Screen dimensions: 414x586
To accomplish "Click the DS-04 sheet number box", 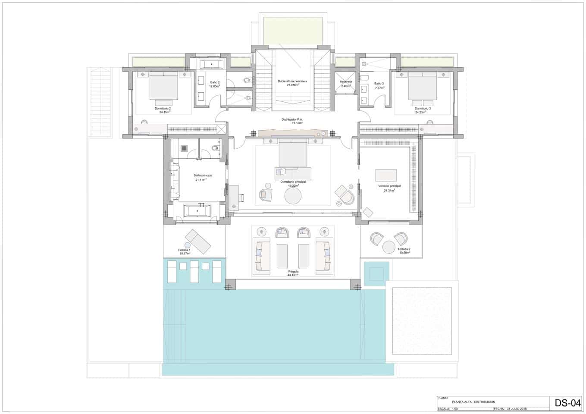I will pyautogui.click(x=567, y=403).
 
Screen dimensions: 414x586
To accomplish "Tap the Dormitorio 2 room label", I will pyautogui.click(x=163, y=108).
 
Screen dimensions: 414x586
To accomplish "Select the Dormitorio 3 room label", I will pyautogui.click(x=423, y=108).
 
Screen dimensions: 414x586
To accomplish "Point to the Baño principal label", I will pyautogui.click(x=203, y=176).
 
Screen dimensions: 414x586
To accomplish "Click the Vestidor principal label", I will pyautogui.click(x=389, y=186).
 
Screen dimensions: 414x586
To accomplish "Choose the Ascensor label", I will pyautogui.click(x=346, y=82).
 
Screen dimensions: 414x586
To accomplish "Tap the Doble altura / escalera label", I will pyautogui.click(x=292, y=81).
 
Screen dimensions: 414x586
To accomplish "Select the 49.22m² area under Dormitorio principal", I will pyautogui.click(x=293, y=185).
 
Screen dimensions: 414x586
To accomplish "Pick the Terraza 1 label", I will pyautogui.click(x=184, y=250).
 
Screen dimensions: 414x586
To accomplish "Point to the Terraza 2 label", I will pyautogui.click(x=404, y=249).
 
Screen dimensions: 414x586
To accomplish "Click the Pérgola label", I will pyautogui.click(x=293, y=272).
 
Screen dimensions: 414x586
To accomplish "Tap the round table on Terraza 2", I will pyautogui.click(x=389, y=247).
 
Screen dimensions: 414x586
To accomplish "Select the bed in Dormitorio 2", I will pyautogui.click(x=164, y=85).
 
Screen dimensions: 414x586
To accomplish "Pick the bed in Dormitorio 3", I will pyautogui.click(x=423, y=85).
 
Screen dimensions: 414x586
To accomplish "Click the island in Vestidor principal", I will pyautogui.click(x=386, y=175).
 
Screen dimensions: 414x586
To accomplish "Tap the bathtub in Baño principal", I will pyautogui.click(x=197, y=211).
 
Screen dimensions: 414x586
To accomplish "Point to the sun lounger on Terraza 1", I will pyautogui.click(x=198, y=241).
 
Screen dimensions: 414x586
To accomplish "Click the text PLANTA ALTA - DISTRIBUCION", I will pyautogui.click(x=473, y=402).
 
